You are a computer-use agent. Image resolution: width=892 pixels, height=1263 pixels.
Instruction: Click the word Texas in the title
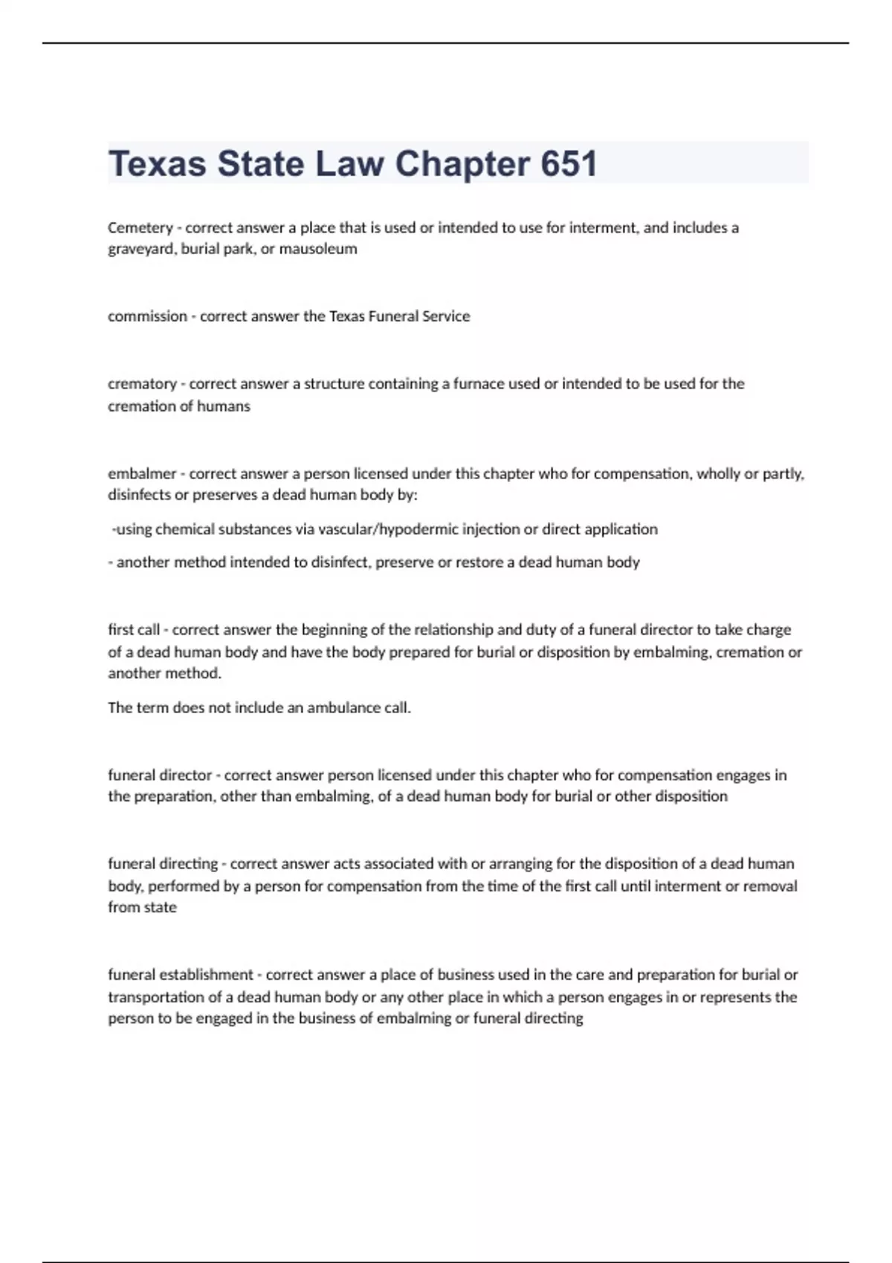157,164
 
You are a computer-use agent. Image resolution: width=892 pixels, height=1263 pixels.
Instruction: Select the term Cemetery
140,227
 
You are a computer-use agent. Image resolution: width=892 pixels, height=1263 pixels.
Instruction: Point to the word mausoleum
317,249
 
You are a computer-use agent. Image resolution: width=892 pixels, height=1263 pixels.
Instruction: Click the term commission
147,316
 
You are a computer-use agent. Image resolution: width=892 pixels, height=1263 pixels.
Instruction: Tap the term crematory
142,384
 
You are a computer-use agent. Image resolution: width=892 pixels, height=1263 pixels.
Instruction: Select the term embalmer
142,473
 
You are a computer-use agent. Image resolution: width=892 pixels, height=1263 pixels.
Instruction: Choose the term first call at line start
134,630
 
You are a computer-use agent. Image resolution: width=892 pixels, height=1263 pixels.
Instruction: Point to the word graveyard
141,249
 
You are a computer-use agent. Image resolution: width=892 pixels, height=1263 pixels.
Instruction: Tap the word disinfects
140,495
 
